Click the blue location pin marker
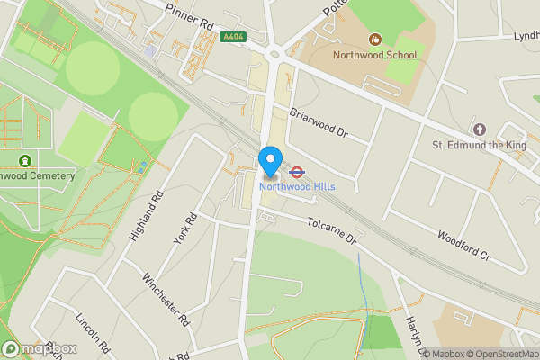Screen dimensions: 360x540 coord(269,161)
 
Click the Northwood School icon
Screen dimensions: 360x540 coord(374,39)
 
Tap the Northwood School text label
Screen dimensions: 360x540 coord(374,55)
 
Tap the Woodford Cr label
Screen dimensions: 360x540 coord(463,245)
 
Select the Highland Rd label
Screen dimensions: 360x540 coord(145,217)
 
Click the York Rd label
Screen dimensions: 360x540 coord(184,229)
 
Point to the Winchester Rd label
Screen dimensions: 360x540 coord(166,298)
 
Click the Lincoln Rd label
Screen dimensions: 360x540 coord(93,333)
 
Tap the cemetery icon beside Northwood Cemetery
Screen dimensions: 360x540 coord(22,160)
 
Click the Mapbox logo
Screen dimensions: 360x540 coord(40,349)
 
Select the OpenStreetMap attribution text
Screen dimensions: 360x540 coord(499,353)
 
